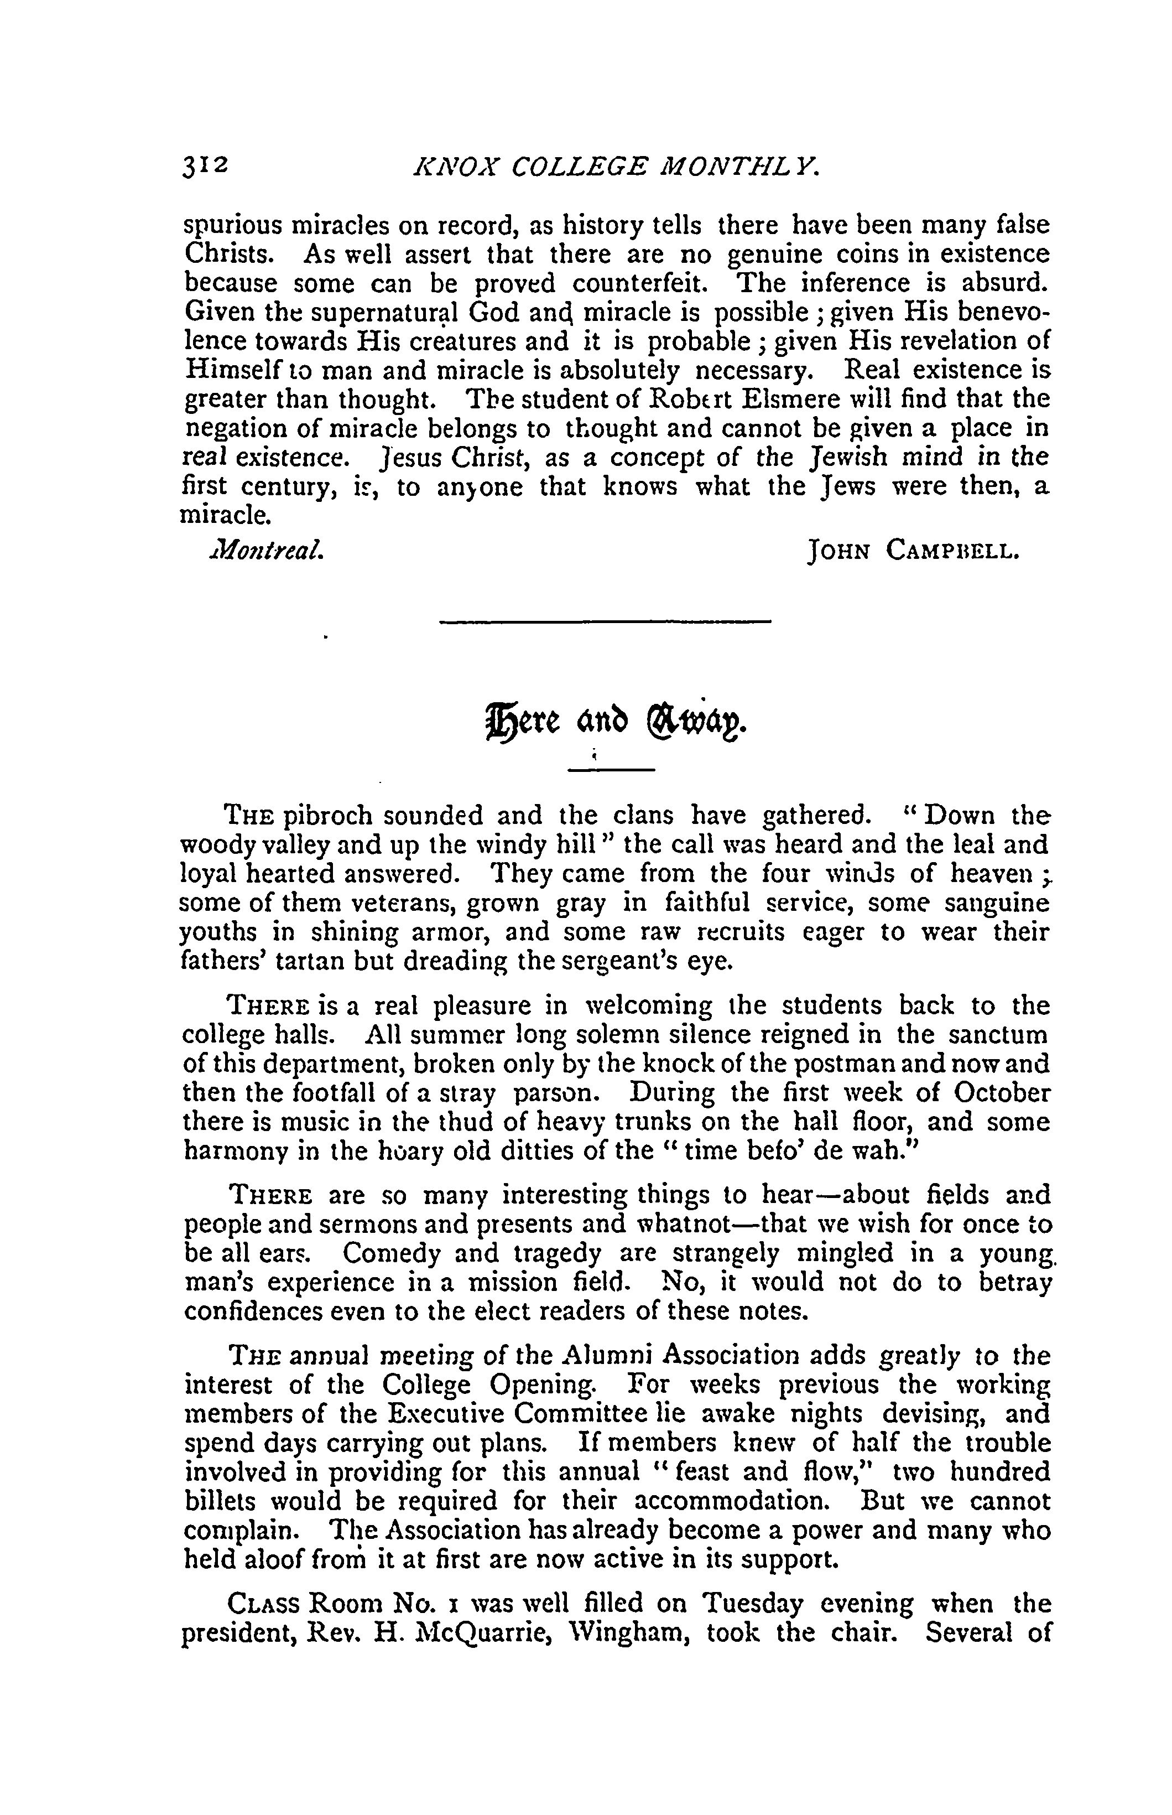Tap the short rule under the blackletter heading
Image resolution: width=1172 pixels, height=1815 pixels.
coord(612,772)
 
